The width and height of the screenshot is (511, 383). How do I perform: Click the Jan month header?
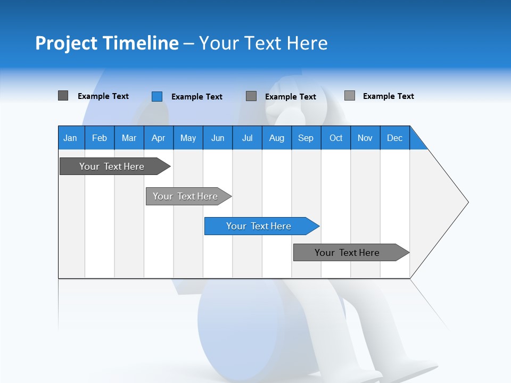[x=70, y=138]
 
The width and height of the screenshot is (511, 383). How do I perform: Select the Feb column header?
[x=100, y=138]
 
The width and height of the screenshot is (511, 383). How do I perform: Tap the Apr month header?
[x=158, y=138]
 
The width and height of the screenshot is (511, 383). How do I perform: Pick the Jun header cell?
[x=218, y=138]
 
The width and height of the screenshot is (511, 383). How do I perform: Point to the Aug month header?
[x=276, y=138]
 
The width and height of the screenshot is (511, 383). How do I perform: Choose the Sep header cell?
[x=306, y=138]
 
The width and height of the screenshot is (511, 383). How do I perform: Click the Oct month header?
[x=336, y=138]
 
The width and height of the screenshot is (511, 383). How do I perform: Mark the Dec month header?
[x=394, y=138]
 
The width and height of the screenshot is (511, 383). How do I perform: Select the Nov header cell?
[x=365, y=138]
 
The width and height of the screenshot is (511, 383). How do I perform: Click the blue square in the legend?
[x=156, y=96]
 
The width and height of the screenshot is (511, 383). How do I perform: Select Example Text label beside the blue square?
[x=197, y=97]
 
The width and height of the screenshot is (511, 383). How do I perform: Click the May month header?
[x=188, y=138]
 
